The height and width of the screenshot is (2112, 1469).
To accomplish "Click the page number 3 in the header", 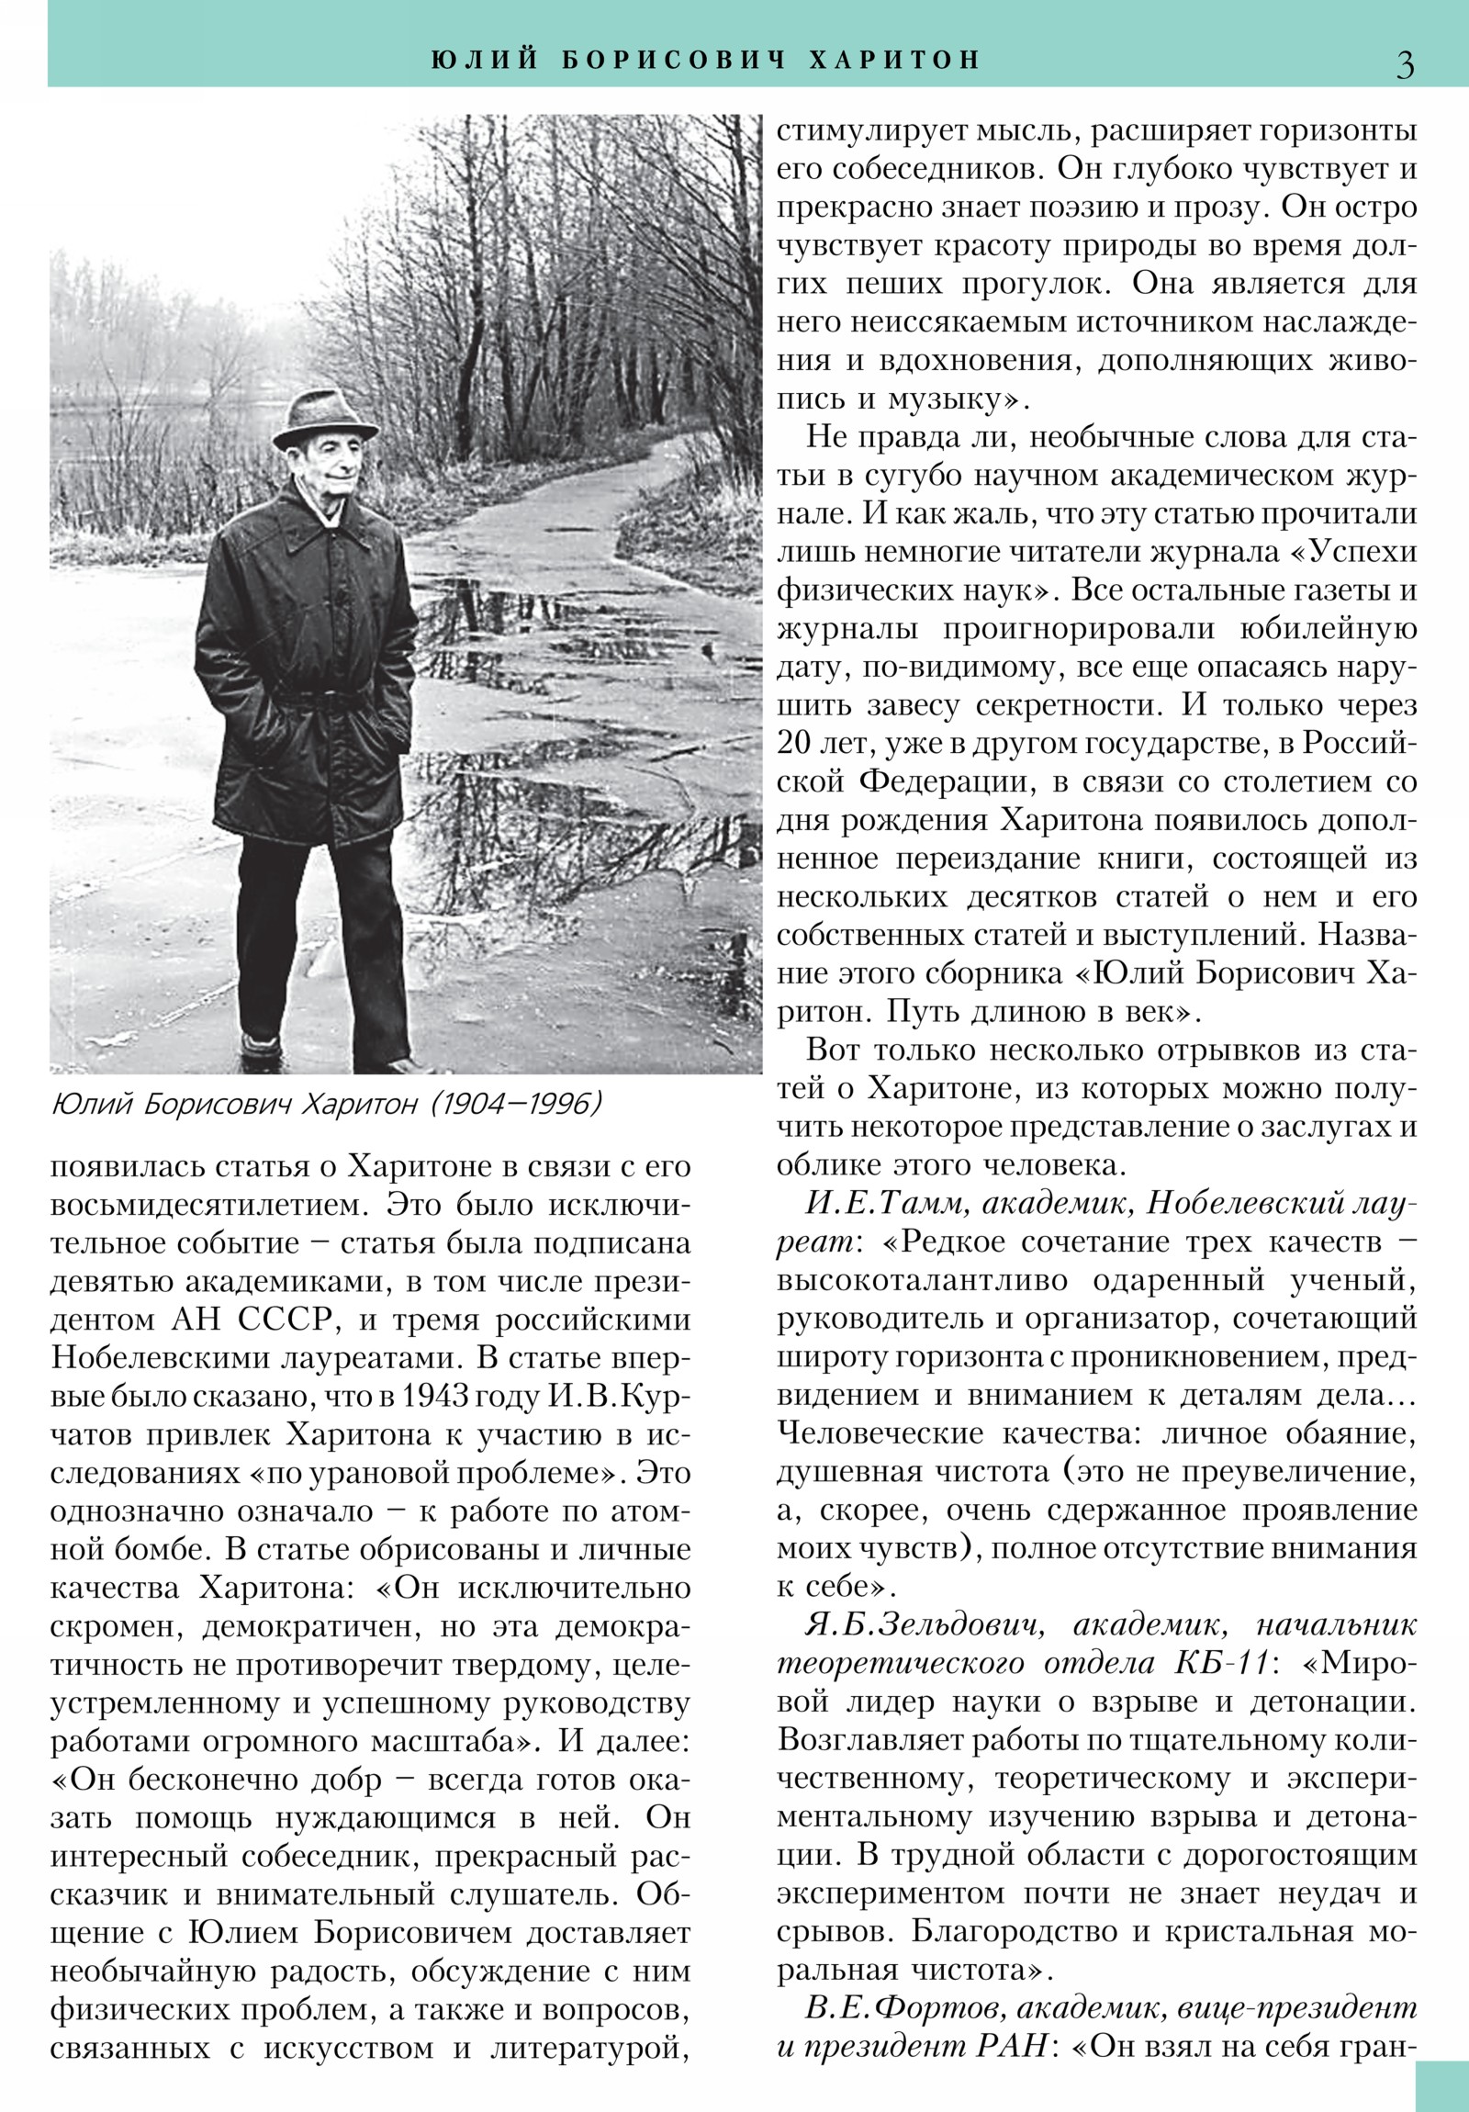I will click(x=1405, y=63).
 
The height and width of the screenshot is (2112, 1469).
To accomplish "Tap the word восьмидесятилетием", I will click(x=207, y=1205).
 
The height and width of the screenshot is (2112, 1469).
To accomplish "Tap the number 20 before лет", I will click(x=796, y=744).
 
